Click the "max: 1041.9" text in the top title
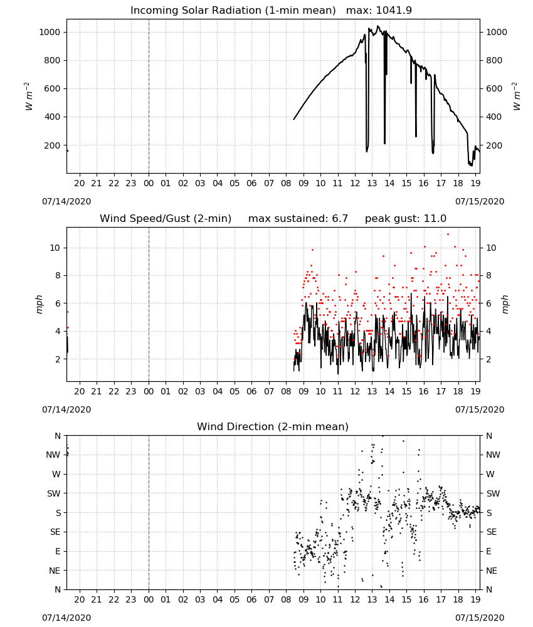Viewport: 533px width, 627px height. click(379, 11)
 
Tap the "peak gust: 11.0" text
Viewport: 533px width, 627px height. click(406, 219)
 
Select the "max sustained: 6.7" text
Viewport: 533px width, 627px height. click(298, 219)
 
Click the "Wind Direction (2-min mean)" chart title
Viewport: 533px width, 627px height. click(273, 426)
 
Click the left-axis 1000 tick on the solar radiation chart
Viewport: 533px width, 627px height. click(50, 32)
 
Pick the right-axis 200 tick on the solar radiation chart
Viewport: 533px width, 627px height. click(494, 145)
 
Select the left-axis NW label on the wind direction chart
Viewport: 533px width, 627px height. click(53, 455)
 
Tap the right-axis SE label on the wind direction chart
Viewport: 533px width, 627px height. click(492, 532)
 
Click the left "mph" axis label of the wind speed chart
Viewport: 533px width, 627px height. click(39, 304)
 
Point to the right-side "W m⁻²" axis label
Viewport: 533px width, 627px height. click(516, 97)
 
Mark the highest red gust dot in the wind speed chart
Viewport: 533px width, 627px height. click(448, 234)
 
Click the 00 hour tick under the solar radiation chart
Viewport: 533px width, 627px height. click(149, 184)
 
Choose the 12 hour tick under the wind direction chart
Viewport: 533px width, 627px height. click(355, 600)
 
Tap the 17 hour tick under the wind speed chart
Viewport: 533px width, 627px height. click(441, 391)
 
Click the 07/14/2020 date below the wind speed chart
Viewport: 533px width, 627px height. click(66, 409)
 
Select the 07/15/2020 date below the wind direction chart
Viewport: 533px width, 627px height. click(480, 618)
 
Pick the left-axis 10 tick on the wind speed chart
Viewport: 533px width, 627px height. click(55, 248)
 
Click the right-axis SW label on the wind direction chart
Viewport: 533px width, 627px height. click(493, 494)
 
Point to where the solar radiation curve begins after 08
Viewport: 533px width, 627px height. click(293, 119)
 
